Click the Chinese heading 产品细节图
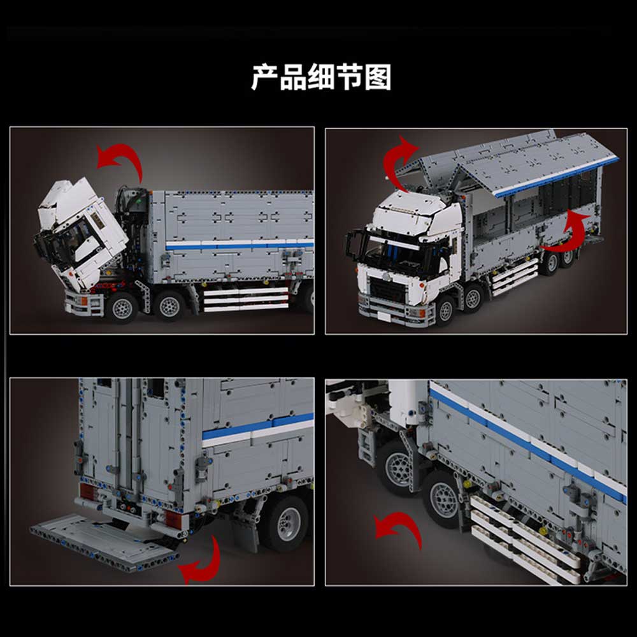tap(321, 77)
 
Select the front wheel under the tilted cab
tap(122, 308)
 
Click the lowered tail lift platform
tap(104, 542)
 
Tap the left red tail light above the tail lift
tap(87, 492)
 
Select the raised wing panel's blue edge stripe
tap(557, 176)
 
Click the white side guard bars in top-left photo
tap(246, 300)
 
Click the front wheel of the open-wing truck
tap(446, 311)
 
